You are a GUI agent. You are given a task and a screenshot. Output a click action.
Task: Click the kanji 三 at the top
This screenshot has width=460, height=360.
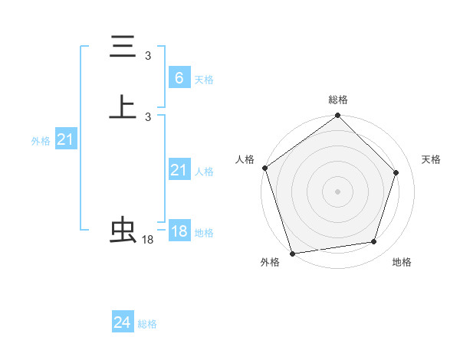coord(123,47)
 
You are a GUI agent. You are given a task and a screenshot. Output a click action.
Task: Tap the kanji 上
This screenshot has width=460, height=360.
coord(123,107)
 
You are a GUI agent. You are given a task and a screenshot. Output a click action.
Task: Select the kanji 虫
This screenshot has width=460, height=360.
coord(123,231)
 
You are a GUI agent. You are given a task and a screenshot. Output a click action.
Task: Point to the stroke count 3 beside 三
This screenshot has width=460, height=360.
coord(148,56)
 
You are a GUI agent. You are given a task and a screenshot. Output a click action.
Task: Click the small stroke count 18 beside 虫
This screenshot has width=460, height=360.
coord(148,240)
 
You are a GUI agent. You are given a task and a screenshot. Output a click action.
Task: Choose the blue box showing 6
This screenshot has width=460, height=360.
coord(179,78)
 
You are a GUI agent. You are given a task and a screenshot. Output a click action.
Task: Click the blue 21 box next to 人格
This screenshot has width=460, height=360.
coord(179,170)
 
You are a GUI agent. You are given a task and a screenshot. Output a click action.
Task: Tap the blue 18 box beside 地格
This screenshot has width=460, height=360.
coord(179,231)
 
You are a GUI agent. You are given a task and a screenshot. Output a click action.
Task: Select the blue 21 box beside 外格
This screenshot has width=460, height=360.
coord(65,139)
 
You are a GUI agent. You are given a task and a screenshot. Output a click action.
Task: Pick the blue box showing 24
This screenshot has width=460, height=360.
coord(123,322)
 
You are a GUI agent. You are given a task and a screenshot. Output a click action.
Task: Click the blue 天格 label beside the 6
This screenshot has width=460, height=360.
coord(204,80)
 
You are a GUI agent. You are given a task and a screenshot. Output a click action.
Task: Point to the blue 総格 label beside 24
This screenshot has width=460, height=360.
coord(147,324)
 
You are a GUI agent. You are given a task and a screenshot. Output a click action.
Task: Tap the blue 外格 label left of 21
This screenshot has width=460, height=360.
coord(41,141)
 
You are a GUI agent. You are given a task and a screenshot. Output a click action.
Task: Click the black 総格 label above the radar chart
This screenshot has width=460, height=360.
coord(338,100)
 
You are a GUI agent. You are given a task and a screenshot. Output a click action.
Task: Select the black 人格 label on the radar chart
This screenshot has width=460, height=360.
coord(245,159)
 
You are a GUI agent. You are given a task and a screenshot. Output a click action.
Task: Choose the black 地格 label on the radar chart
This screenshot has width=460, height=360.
coord(402,263)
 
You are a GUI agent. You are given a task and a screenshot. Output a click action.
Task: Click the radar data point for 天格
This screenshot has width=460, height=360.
coord(396,172)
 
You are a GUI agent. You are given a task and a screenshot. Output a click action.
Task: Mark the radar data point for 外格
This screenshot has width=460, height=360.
coord(292,253)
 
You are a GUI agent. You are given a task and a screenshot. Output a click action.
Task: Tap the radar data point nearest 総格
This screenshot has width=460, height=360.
coord(338,116)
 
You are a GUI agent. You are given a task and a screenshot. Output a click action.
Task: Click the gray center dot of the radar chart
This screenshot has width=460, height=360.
coord(338,191)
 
